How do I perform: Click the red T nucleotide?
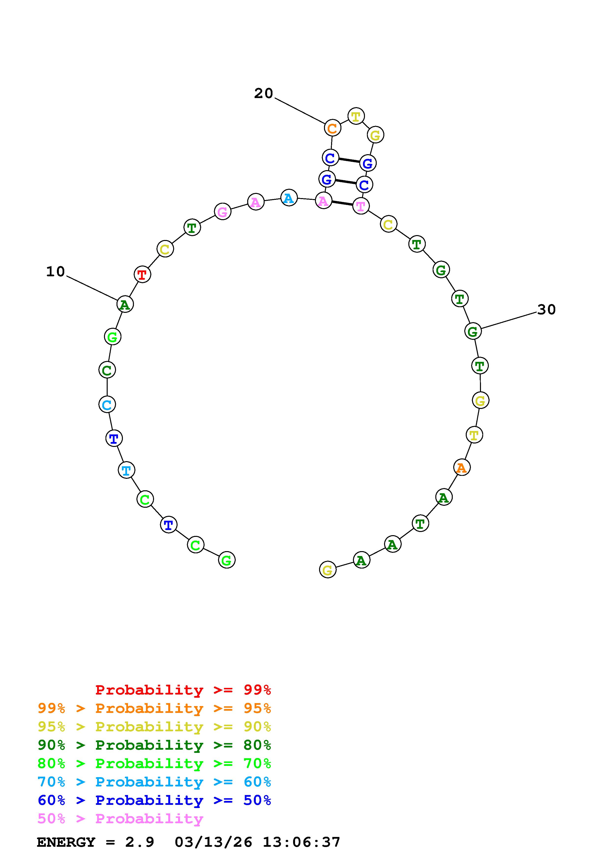[142, 275]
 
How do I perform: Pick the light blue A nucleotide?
[289, 198]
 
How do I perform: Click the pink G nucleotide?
[222, 212]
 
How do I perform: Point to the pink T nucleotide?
[361, 206]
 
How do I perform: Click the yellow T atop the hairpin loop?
[356, 116]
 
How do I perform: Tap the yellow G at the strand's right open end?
[327, 570]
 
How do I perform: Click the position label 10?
[55, 272]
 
